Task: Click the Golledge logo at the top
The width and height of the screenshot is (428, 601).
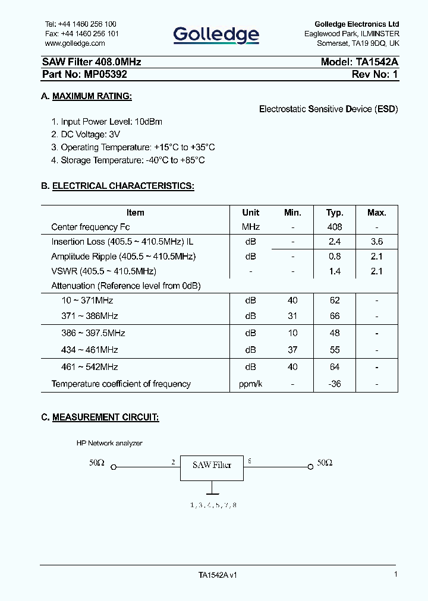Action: [x=216, y=35]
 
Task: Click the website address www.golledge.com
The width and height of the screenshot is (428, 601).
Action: [x=75, y=43]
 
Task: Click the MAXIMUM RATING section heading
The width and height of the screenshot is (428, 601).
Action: [x=92, y=96]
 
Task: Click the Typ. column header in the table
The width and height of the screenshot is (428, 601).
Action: [x=335, y=213]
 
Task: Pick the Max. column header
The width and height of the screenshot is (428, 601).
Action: [x=376, y=213]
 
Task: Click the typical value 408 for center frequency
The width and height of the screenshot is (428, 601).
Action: [x=335, y=227]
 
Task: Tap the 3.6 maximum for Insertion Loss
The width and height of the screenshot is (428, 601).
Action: [x=376, y=242]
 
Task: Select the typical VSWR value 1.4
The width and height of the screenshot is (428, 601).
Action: [x=335, y=271]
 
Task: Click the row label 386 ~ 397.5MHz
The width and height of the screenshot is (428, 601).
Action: [x=93, y=333]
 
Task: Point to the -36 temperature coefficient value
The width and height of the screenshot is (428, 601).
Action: [x=335, y=384]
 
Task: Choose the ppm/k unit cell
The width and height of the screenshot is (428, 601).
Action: [x=250, y=384]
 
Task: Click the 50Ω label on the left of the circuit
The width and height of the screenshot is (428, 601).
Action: [x=97, y=463]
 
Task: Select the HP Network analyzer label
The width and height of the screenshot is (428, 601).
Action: [x=109, y=443]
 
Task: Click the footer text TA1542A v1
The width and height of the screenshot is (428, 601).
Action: [x=218, y=575]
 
